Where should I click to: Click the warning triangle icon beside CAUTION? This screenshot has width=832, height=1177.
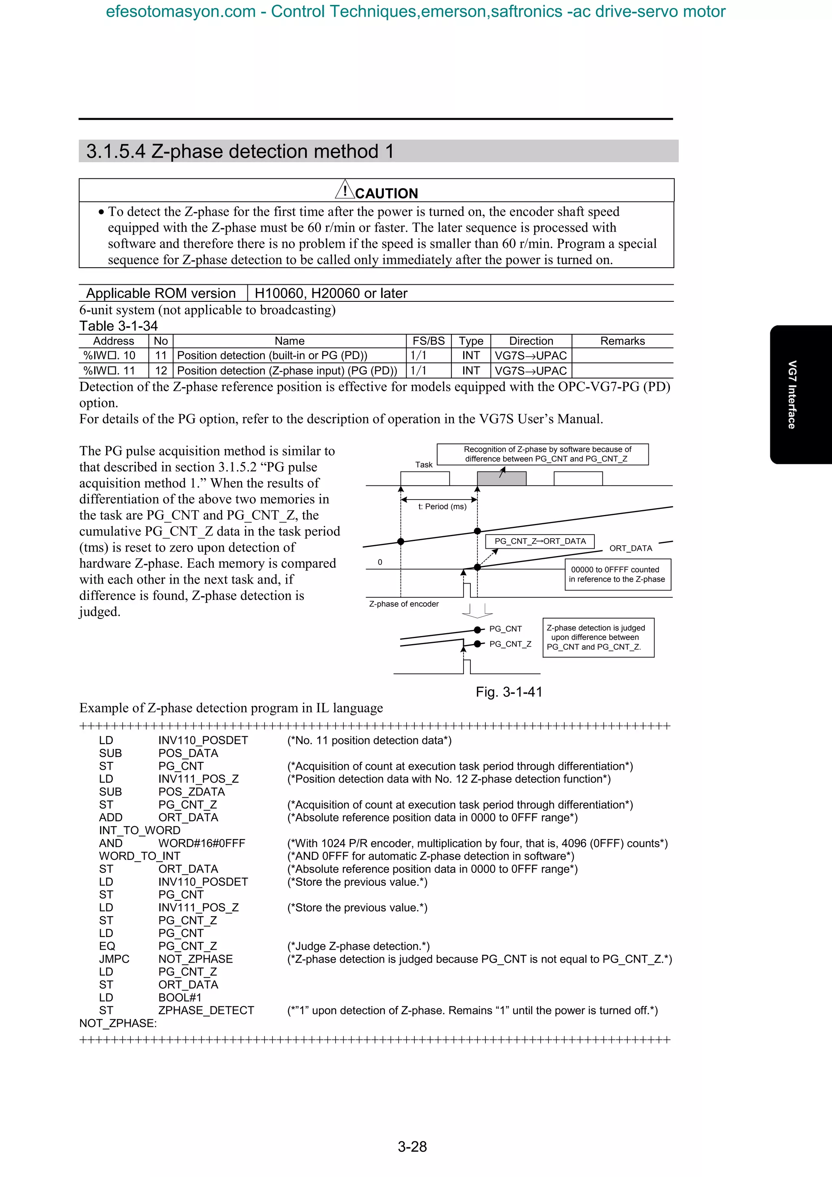[344, 190]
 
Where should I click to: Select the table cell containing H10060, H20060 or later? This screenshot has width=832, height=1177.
[331, 293]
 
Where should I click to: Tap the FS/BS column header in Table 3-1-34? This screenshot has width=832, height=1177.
[428, 341]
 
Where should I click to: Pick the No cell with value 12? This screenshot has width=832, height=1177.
[161, 371]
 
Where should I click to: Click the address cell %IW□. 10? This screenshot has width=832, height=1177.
[109, 355]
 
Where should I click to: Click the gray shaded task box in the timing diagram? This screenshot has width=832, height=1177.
[501, 478]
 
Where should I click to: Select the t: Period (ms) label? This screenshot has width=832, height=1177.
[442, 506]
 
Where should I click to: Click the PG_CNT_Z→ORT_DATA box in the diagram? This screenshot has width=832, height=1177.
[540, 541]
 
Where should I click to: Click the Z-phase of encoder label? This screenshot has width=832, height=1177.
[403, 604]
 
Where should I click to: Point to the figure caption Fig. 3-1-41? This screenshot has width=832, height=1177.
[509, 692]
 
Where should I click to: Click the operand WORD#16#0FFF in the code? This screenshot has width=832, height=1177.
[201, 843]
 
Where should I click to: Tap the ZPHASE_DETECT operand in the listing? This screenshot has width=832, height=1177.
[206, 1010]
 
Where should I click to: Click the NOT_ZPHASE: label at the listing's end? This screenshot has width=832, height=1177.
[118, 1023]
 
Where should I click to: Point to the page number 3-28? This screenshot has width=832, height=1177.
[412, 1146]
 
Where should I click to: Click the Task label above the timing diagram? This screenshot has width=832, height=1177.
[423, 465]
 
